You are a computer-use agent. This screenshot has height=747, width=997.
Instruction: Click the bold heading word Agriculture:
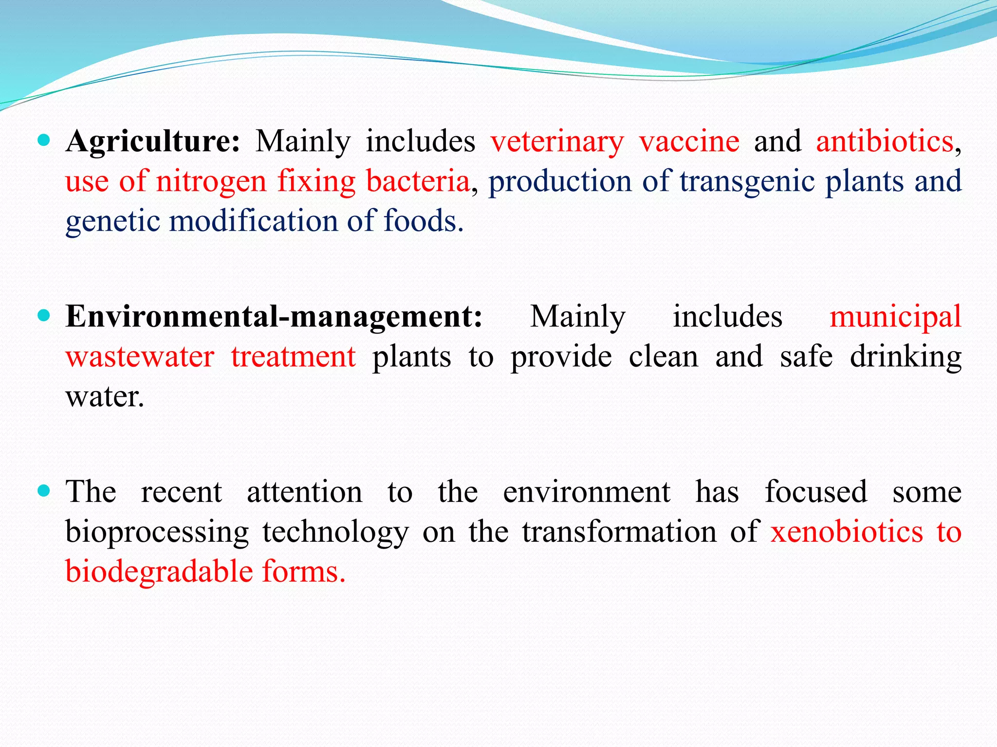click(x=152, y=142)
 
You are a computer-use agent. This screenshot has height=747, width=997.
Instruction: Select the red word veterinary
click(x=557, y=142)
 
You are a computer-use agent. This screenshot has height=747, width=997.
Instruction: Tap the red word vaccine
click(x=689, y=142)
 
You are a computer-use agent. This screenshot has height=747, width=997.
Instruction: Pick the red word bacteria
click(x=418, y=181)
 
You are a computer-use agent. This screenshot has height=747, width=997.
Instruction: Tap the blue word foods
click(x=423, y=221)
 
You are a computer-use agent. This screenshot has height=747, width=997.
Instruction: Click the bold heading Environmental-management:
click(x=274, y=317)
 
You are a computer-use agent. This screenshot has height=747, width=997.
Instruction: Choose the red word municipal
click(x=895, y=317)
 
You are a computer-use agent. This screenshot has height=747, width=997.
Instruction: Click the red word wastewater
click(x=140, y=357)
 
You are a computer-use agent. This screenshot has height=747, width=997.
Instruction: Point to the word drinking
click(x=905, y=357)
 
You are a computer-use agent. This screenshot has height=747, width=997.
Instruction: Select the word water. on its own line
click(x=105, y=397)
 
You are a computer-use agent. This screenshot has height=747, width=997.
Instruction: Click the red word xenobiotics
click(x=847, y=532)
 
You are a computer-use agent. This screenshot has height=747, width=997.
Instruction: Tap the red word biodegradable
click(x=159, y=571)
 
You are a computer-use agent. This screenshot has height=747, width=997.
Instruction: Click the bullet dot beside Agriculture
click(x=44, y=141)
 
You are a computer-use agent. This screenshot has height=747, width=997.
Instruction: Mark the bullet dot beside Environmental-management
click(x=44, y=316)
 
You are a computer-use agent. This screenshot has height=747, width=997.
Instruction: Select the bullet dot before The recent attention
click(x=44, y=491)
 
